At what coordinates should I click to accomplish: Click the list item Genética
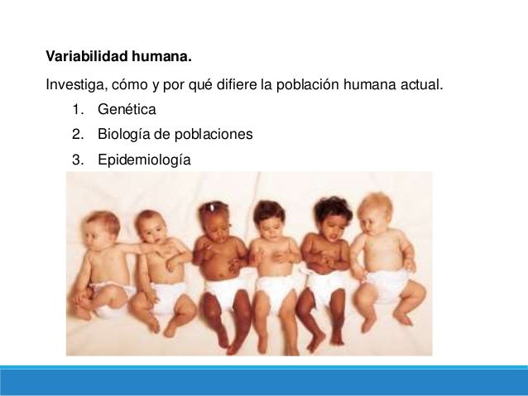pos(126,108)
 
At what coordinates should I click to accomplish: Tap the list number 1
pos(76,108)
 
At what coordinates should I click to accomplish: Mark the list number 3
pos(76,159)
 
